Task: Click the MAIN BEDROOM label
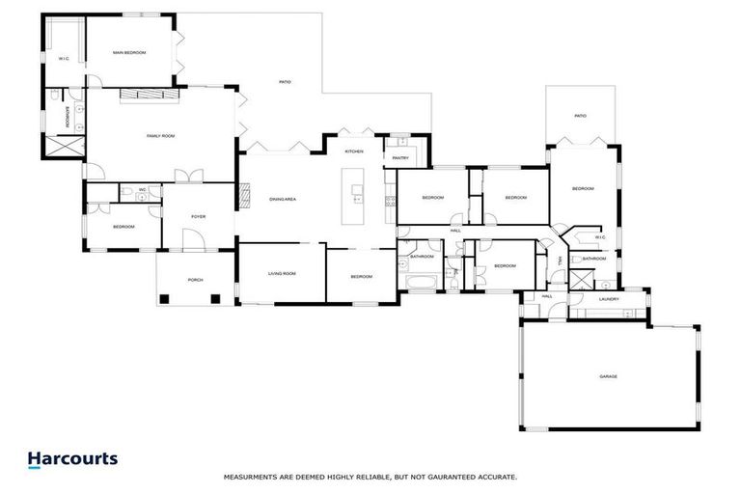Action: point(128,52)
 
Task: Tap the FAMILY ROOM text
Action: point(160,136)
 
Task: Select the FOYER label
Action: point(198,216)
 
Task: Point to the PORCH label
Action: point(195,280)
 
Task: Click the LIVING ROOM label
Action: point(282,274)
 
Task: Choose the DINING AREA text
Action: point(282,199)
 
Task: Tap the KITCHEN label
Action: point(354,152)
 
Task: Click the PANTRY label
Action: point(400,157)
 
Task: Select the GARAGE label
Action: point(608,376)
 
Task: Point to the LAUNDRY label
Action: point(608,299)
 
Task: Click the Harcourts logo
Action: point(72,459)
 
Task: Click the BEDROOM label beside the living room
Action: point(361,277)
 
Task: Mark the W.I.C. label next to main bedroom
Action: point(64,58)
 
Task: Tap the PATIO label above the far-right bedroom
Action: point(580,116)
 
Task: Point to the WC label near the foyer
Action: point(142,189)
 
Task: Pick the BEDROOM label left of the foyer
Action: point(123,227)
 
